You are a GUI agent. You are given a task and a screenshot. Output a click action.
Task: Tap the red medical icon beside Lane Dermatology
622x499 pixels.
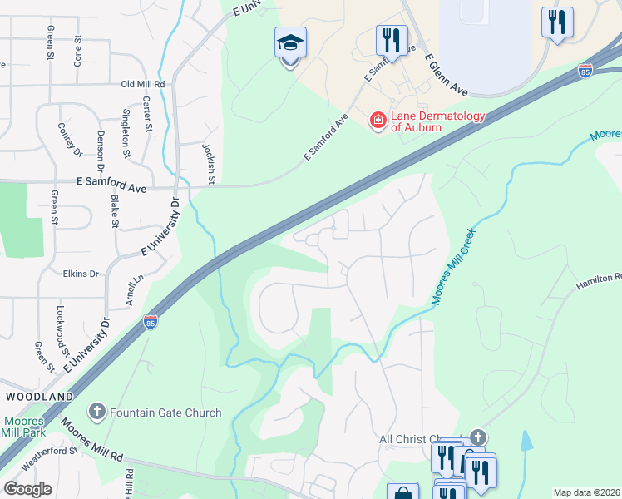coord(378,121)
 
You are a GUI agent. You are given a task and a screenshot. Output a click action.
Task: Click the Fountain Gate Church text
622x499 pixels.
coord(165,413)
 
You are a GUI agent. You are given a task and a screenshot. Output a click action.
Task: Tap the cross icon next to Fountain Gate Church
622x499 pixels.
coord(97,412)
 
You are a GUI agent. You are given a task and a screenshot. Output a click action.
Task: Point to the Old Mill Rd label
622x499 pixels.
coord(143,84)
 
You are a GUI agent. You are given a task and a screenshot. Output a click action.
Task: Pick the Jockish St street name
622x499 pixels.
coord(209,162)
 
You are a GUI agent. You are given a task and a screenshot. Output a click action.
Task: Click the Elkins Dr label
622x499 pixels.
coord(81,273)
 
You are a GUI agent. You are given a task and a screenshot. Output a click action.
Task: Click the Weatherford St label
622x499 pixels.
coord(49,460)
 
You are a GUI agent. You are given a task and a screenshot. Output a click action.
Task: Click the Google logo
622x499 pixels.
coord(27,489)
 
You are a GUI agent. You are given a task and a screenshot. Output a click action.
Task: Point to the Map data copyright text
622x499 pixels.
coord(586,492)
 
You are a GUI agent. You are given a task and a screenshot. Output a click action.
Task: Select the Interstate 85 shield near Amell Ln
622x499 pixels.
coord(151,321)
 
